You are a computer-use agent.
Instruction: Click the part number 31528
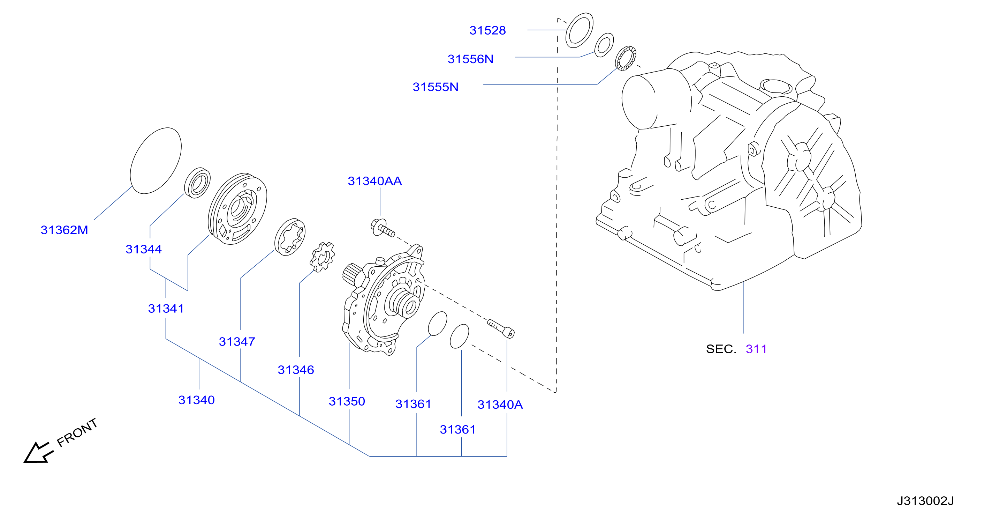487,30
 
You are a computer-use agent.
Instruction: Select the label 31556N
470,59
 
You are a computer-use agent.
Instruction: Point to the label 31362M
64,230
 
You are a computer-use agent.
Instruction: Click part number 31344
144,249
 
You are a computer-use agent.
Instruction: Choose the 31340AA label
375,181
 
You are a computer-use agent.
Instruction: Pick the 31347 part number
237,342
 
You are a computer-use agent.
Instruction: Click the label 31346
296,370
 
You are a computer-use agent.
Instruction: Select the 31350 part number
347,402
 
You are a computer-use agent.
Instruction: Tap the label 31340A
500,405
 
